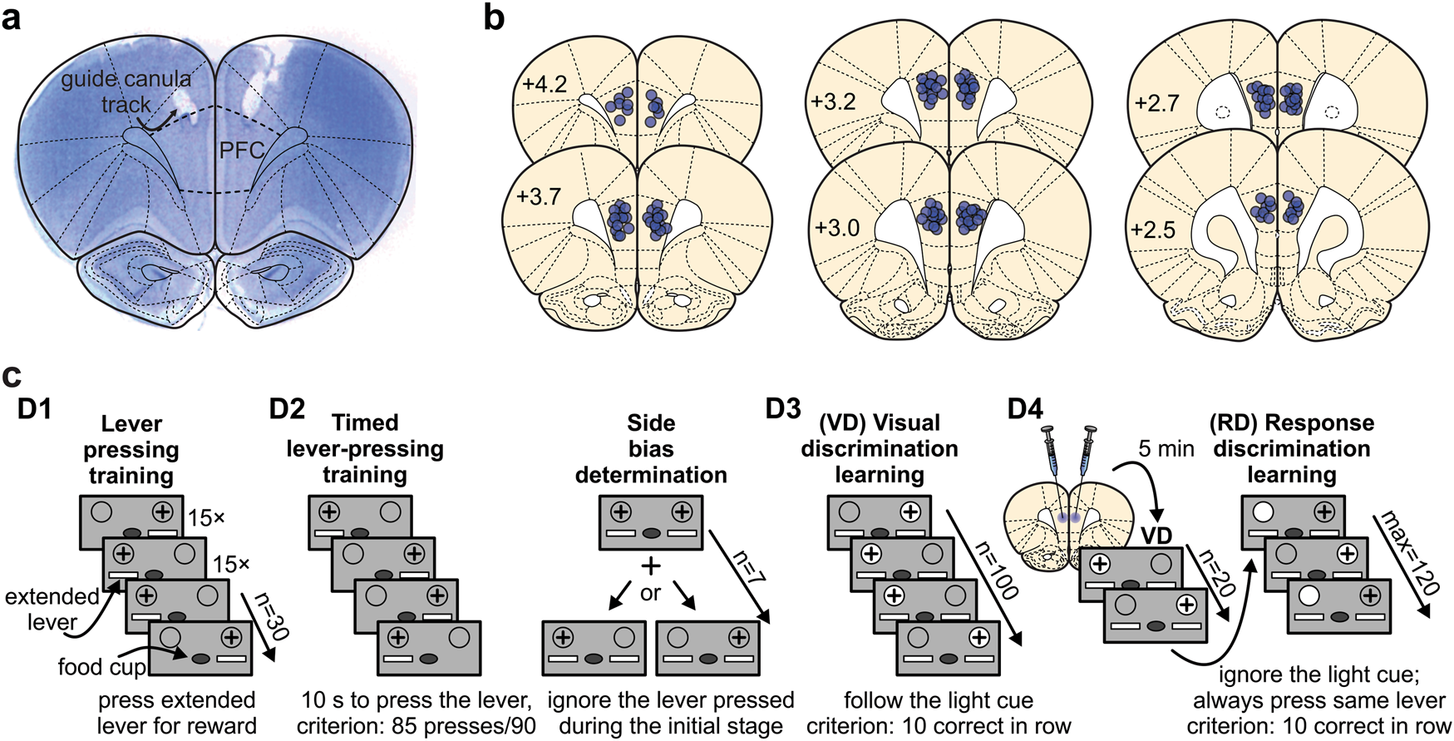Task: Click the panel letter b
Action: [494, 17]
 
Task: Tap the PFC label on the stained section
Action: [241, 151]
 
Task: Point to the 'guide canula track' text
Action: [126, 91]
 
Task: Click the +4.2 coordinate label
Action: [545, 84]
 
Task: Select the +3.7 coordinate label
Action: [539, 197]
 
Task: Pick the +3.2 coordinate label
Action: [833, 101]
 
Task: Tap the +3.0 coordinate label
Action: [836, 227]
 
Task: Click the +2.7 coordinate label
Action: [1156, 103]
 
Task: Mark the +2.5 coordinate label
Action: [1153, 230]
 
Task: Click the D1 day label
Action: [35, 409]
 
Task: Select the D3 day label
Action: [783, 408]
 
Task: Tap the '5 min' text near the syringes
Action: [1166, 449]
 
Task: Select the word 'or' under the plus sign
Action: [650, 593]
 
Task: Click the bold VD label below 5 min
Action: [1156, 536]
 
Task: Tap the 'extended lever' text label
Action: [52, 609]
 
